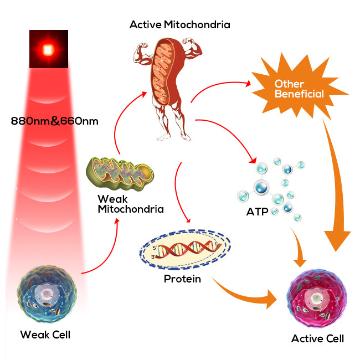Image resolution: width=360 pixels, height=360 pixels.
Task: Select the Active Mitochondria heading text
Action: [180, 24]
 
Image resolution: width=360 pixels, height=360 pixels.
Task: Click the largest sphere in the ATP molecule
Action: [260, 187]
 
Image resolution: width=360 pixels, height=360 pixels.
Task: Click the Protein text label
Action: [182, 279]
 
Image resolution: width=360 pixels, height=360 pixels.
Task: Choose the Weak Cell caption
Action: [45, 335]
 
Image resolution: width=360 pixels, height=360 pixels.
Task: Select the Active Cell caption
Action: [318, 338]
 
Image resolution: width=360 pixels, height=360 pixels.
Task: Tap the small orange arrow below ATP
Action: [299, 244]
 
